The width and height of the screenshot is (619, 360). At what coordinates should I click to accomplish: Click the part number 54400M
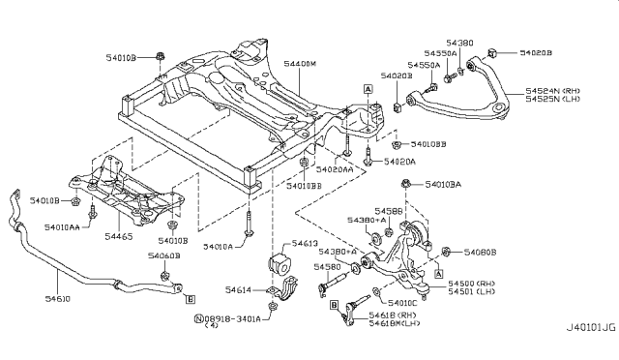coord(302,64)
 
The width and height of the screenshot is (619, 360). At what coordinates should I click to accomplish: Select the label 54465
coord(90,235)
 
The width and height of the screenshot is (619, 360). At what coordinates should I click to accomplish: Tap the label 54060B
coord(163,255)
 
